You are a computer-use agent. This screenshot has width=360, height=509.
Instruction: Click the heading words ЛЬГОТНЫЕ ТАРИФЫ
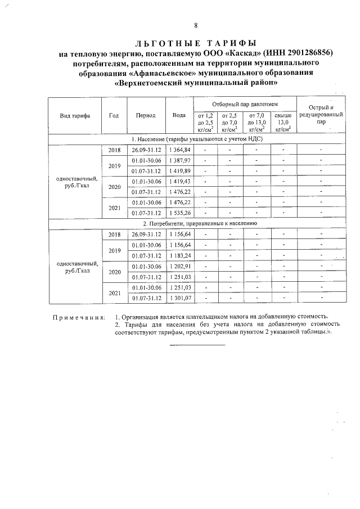195,43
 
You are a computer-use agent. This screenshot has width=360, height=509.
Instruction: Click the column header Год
114,115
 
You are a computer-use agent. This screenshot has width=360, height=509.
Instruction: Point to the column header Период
146,115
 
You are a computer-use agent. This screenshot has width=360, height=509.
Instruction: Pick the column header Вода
179,115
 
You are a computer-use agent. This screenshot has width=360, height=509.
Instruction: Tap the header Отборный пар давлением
245,105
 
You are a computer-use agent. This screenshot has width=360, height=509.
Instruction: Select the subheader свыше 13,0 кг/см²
283,121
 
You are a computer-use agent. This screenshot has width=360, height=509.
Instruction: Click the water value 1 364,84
180,150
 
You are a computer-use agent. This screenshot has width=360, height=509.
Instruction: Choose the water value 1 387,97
180,161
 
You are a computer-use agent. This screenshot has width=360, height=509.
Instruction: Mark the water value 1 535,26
180,213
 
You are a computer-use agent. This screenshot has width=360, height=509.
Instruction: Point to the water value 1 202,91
180,266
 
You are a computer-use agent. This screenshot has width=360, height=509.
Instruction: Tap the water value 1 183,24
180,255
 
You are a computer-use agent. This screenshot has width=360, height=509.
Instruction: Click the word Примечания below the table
79,317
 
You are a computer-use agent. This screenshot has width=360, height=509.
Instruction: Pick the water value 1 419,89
180,171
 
